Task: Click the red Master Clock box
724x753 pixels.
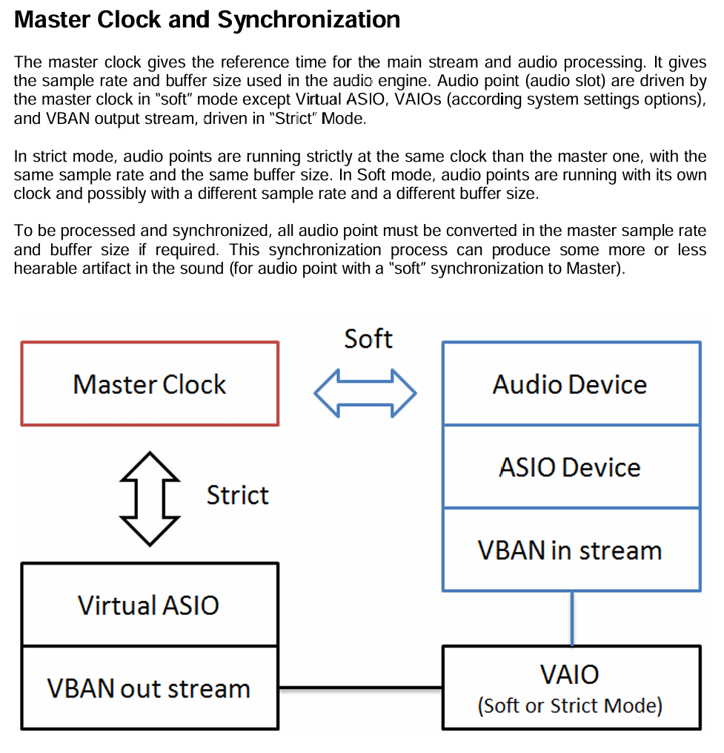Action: tap(150, 384)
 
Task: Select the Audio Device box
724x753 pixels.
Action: tap(570, 384)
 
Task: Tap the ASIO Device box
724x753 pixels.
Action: tap(570, 467)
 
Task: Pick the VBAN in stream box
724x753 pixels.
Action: tap(570, 550)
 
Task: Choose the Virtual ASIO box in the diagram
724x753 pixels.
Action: tap(149, 605)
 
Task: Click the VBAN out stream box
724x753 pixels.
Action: tap(149, 688)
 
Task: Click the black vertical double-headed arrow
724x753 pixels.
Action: tap(150, 498)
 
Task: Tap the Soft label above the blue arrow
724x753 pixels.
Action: tap(368, 339)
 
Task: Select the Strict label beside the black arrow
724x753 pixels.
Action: tap(237, 495)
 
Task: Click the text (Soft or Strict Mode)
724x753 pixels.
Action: tap(570, 705)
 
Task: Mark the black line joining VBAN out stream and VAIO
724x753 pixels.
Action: tap(360, 688)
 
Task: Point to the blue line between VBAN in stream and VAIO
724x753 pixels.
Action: tap(571, 618)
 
